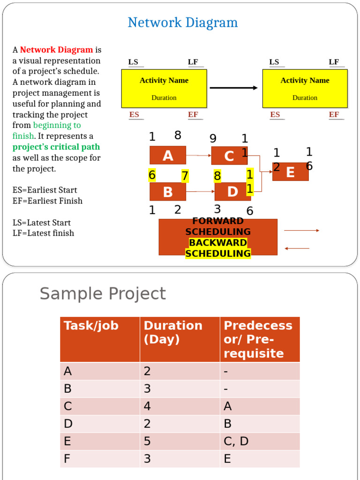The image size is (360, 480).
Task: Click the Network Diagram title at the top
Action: coord(182,22)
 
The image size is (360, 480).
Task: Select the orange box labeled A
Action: coord(167,155)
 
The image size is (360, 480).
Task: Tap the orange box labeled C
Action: coord(229,156)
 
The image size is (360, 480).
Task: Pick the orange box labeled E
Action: coord(290,172)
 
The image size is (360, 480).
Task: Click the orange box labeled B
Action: coord(167,192)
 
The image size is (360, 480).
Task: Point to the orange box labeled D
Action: coord(232,192)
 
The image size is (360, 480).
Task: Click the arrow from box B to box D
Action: coord(200,191)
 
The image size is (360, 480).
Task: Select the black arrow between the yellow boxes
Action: coord(233,88)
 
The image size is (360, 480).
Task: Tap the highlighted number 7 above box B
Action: coord(185,176)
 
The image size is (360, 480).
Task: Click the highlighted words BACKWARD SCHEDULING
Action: coord(218,248)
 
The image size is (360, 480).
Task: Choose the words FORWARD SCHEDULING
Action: coord(218,226)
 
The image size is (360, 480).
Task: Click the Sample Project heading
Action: coord(103,294)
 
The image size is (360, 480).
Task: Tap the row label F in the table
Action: coord(68,458)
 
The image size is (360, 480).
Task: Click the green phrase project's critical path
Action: coord(56,147)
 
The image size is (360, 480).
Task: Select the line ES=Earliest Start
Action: coord(45,190)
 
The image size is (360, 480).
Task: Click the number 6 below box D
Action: coord(250,211)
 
